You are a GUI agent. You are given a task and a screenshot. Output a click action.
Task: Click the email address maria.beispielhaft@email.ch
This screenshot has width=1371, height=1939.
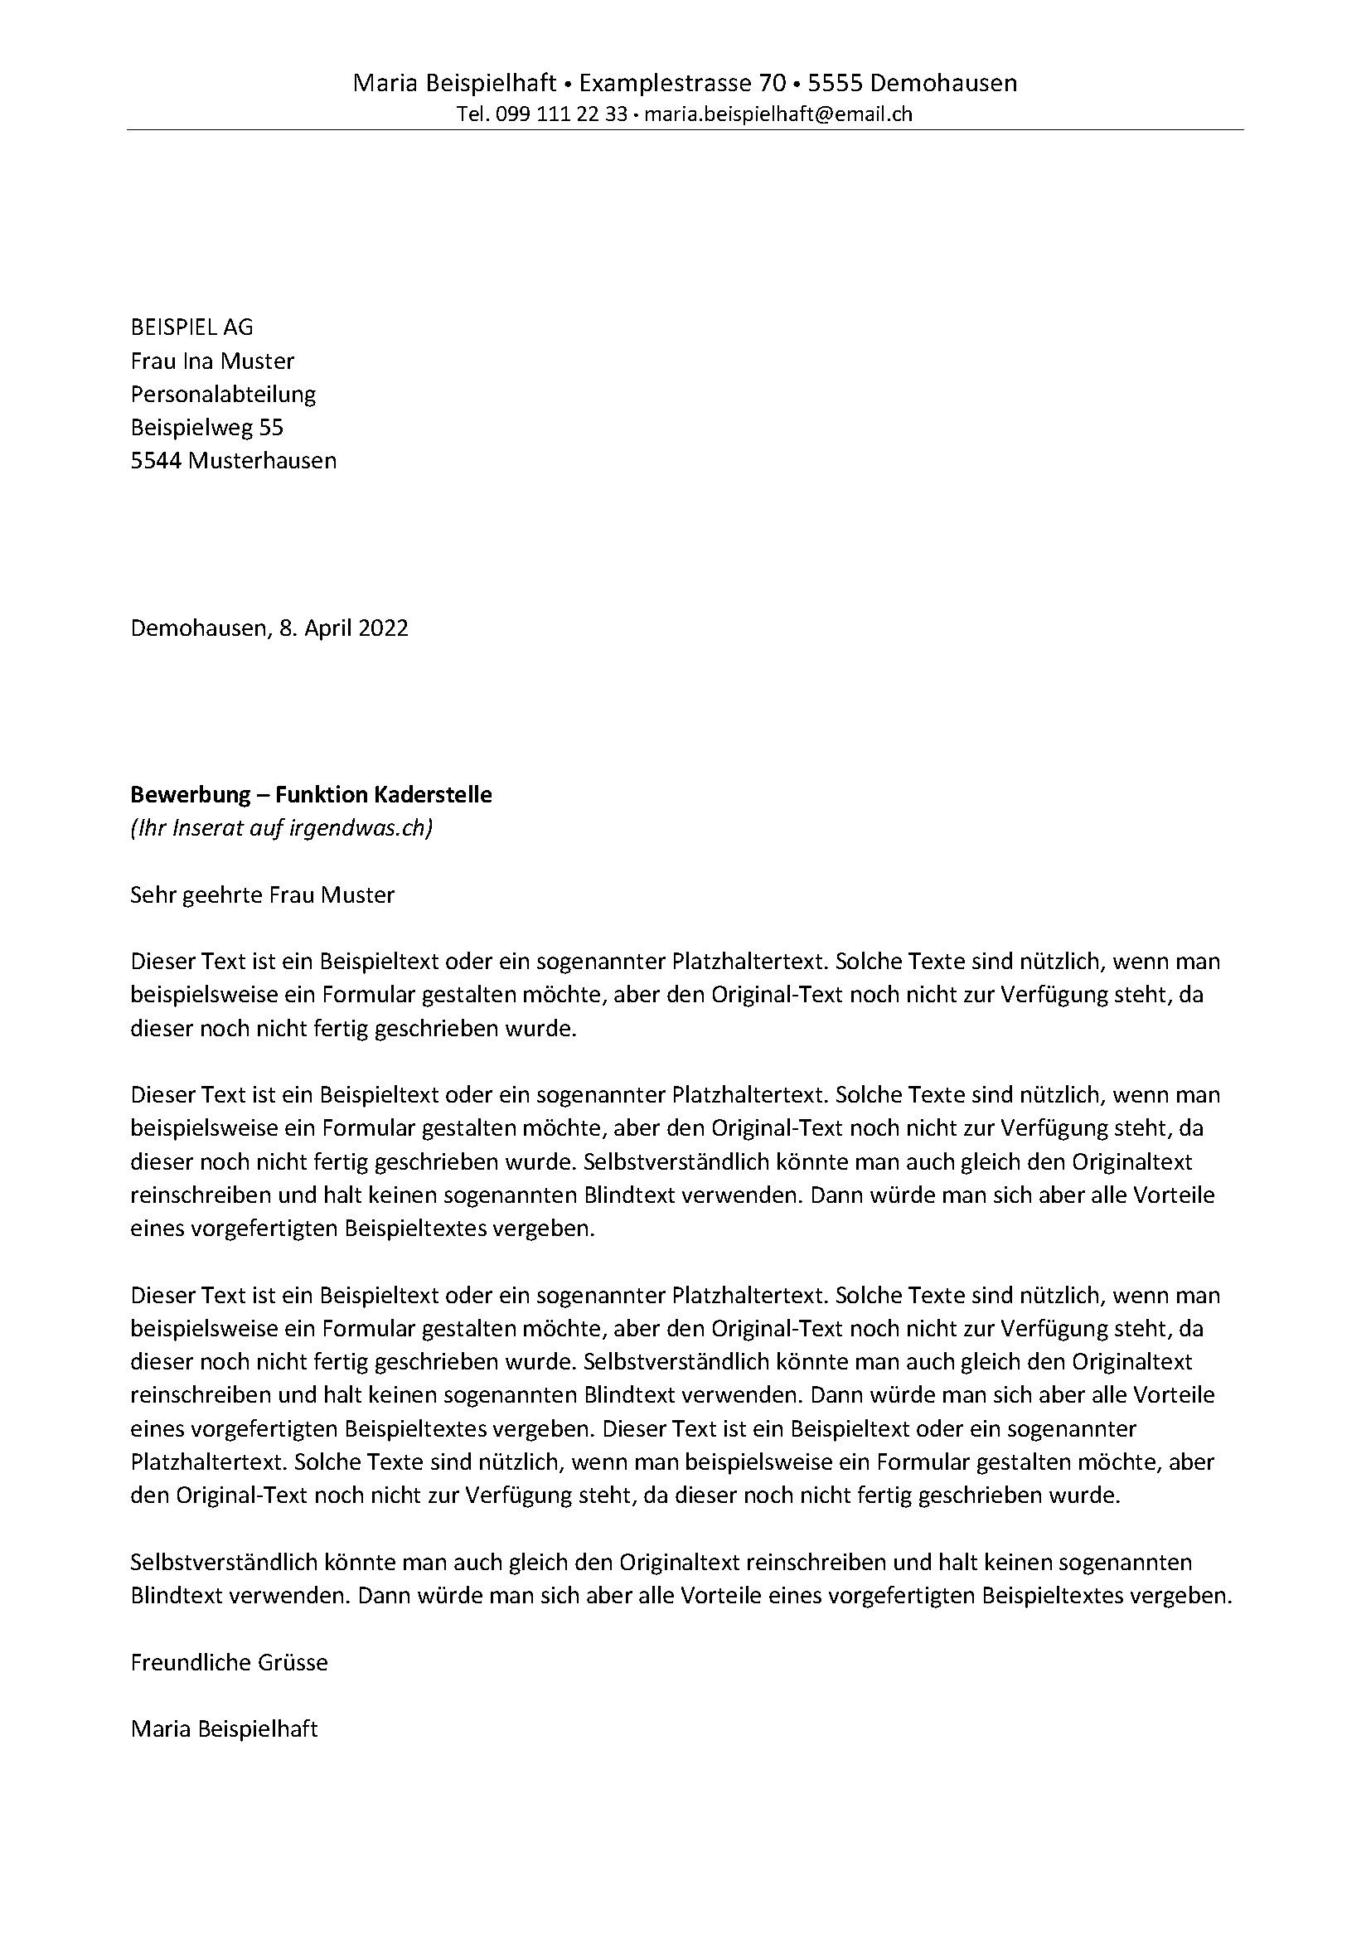[x=778, y=114]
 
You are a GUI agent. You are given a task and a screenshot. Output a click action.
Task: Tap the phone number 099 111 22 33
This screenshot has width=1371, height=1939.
[x=561, y=114]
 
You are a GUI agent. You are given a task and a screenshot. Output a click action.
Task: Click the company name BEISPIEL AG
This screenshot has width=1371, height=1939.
[x=191, y=327]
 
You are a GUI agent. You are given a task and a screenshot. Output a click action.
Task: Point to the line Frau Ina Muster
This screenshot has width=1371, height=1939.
[x=212, y=361]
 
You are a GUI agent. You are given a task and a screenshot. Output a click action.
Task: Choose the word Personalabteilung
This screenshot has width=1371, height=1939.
[x=223, y=394]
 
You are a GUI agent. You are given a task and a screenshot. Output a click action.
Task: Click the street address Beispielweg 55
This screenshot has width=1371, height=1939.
[x=207, y=427]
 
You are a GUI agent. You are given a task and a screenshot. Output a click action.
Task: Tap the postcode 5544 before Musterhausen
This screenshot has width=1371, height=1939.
[x=156, y=460]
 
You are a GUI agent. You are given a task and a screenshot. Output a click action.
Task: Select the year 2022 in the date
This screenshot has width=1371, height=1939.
[x=383, y=628]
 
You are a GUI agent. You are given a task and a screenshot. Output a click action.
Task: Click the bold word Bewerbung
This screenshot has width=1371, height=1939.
[x=191, y=794]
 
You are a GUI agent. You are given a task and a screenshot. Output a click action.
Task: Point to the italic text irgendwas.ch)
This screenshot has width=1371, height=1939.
[x=361, y=827]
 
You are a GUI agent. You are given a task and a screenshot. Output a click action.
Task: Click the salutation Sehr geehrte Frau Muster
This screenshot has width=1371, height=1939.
[x=262, y=894]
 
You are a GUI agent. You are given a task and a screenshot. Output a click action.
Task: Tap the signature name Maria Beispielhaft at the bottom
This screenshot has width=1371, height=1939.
[x=224, y=1728]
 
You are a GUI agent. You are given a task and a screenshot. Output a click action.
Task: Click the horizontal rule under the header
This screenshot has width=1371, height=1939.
[x=685, y=130]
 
